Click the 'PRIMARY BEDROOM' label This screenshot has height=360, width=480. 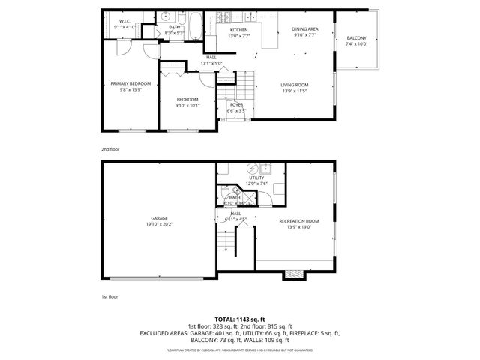pos(130,83)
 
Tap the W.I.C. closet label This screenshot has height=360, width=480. pos(124,21)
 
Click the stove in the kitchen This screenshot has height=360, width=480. pos(223,17)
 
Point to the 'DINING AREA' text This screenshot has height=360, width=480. pos(305,28)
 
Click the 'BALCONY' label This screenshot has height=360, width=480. pos(356,38)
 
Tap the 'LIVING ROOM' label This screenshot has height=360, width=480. pos(294,85)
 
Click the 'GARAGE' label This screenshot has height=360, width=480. pos(157,218)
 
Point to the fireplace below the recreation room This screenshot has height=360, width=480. pos(293,274)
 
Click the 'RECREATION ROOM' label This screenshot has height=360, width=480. pos(298,220)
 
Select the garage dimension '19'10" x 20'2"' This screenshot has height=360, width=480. pos(157,224)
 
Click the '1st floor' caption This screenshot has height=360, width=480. pos(109,297)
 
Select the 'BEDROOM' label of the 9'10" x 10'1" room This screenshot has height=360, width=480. pos(187,100)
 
